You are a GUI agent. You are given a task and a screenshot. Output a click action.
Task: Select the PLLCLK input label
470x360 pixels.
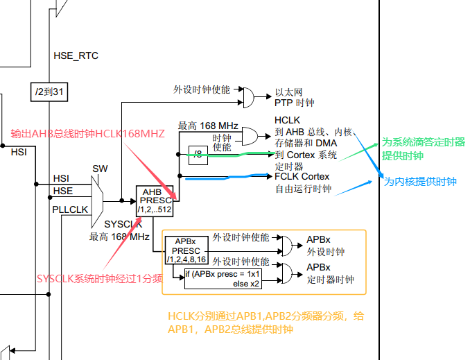click(70, 208)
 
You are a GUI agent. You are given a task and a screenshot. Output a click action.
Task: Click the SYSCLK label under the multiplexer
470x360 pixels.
click(123, 225)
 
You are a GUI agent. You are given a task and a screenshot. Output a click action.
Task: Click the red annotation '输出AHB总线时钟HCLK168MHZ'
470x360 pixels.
click(87, 134)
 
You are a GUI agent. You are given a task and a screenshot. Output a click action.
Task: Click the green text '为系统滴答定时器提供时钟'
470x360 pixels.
click(423, 149)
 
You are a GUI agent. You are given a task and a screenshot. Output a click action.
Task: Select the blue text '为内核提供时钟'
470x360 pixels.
click(420, 181)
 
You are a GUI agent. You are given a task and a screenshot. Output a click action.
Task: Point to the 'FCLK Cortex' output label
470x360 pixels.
click(302, 176)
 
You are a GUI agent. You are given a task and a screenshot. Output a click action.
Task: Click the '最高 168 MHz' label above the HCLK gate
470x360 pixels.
click(208, 126)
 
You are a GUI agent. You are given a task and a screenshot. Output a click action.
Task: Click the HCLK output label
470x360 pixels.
click(287, 120)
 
